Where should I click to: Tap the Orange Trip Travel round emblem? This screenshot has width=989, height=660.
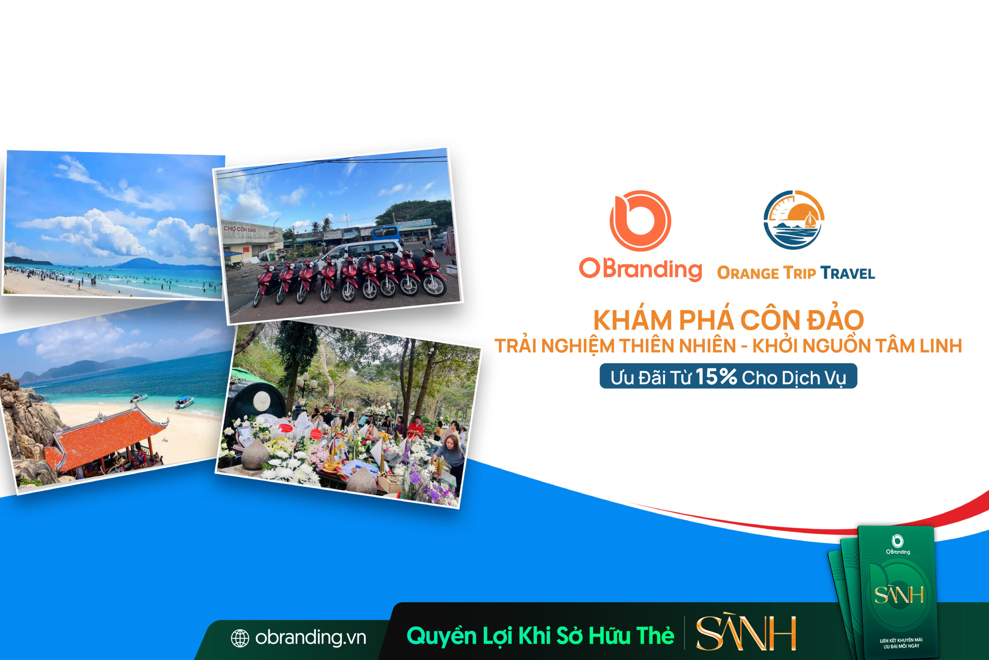pyautogui.click(x=794, y=220)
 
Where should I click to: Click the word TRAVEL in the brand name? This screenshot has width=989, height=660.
pyautogui.click(x=847, y=273)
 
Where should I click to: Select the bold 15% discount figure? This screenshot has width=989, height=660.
pyautogui.click(x=716, y=376)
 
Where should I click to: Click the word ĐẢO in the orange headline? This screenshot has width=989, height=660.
pyautogui.click(x=835, y=320)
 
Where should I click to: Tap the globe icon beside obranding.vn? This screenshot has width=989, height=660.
pyautogui.click(x=240, y=638)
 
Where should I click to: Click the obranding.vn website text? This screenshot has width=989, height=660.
pyautogui.click(x=310, y=637)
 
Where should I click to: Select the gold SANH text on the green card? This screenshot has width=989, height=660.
pyautogui.click(x=899, y=595)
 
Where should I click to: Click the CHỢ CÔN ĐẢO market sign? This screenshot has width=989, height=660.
pyautogui.click(x=240, y=229)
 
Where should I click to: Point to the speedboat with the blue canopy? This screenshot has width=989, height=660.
pyautogui.click(x=184, y=402)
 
